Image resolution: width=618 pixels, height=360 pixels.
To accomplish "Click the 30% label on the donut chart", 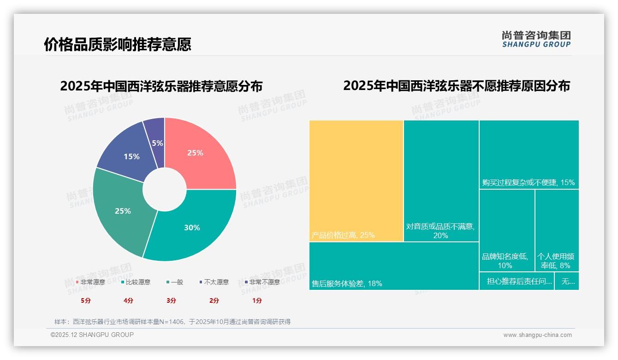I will pos(192,228).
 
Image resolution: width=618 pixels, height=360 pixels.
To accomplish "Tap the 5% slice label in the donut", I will pos(157,143).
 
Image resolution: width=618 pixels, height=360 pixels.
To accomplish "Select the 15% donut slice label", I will pos(131,156).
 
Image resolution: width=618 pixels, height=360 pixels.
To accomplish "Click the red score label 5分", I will pos(86,300).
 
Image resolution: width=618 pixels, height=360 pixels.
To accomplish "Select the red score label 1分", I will pos(257,300).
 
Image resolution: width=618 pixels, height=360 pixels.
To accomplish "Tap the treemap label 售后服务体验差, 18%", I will pos(347,283).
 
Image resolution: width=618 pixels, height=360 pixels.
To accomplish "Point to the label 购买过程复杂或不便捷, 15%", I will pos(529,182).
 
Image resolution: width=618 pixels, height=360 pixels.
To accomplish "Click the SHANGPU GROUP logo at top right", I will pos(536,39).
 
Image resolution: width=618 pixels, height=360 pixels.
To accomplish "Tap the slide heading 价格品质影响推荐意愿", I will pos(118,44).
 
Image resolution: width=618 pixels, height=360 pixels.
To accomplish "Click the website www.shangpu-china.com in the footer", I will pos(537,335).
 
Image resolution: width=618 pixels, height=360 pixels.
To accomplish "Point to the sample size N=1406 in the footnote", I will pos(173,322).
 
